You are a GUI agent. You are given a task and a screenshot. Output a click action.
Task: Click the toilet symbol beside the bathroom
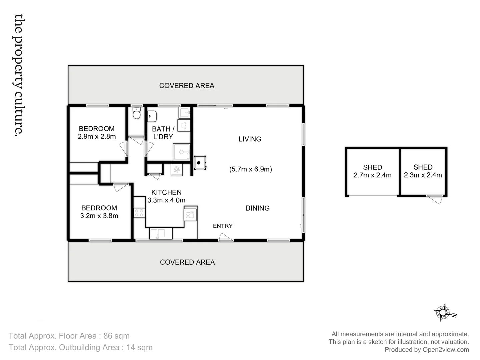(136, 113)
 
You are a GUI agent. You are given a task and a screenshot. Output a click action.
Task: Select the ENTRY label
(223, 226)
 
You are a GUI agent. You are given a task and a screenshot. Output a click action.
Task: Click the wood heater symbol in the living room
(199, 163)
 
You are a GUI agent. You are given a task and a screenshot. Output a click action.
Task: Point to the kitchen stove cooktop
(139, 213)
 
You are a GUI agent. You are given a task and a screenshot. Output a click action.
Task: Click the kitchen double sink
(161, 233)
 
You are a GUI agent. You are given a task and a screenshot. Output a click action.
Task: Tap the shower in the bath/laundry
(182, 152)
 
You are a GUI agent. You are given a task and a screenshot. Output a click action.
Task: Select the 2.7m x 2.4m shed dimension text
(372, 175)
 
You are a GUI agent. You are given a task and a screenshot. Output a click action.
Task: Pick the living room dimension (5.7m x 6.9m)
(250, 169)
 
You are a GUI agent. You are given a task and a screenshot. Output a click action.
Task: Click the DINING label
(257, 208)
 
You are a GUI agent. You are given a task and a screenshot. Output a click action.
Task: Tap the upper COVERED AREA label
(187, 86)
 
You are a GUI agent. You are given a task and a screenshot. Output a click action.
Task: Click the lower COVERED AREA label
(187, 262)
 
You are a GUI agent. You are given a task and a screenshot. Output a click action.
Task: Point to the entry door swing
(225, 237)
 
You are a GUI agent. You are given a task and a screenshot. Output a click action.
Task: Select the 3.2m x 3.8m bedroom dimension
(99, 216)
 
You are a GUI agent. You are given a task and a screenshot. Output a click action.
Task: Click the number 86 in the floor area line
(108, 336)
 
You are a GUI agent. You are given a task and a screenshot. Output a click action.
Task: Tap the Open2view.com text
(446, 350)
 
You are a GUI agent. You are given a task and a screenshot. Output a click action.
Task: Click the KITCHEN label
(166, 192)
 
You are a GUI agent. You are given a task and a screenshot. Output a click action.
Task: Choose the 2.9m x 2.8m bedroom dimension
(97, 137)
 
